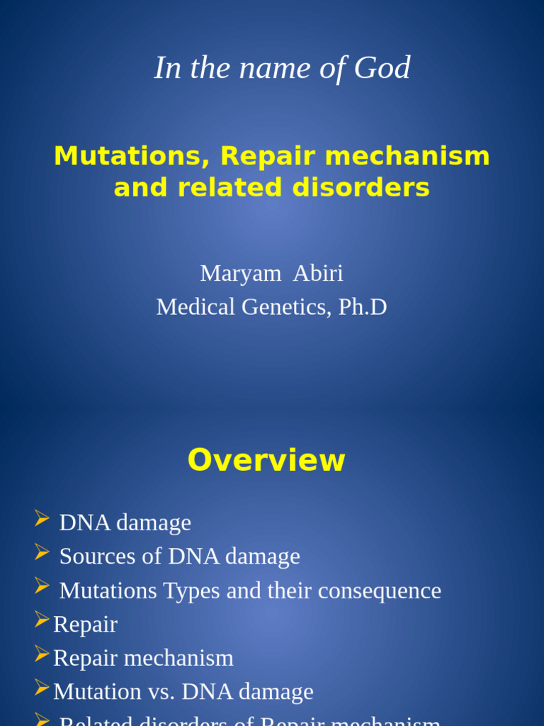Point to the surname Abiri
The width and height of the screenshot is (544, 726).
318,273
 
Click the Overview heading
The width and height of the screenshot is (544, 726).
266,460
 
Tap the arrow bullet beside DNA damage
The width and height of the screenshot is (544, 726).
42,519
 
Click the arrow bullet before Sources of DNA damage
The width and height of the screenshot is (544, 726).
42,552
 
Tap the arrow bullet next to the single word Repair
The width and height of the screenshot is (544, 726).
42,620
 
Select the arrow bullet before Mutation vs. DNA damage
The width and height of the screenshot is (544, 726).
42,688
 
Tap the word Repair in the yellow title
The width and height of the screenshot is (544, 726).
261,156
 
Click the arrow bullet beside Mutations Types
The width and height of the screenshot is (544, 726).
42,586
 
